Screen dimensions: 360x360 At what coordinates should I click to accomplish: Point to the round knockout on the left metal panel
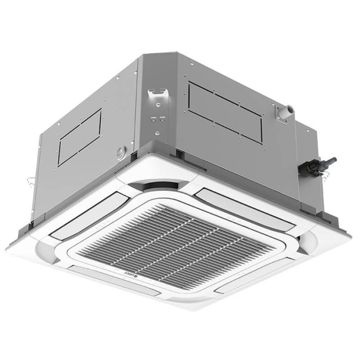click(121, 151)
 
